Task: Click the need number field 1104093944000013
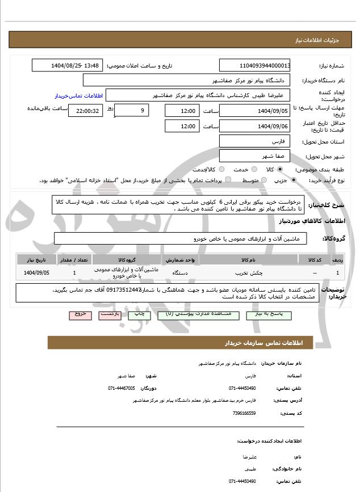coord(255,66)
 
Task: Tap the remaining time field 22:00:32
coord(85,111)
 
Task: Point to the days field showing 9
coord(132,111)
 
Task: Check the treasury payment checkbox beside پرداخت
coord(228,180)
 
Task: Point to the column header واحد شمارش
coord(182,259)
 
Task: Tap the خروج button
coord(79,314)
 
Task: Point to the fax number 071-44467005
coord(122,388)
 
